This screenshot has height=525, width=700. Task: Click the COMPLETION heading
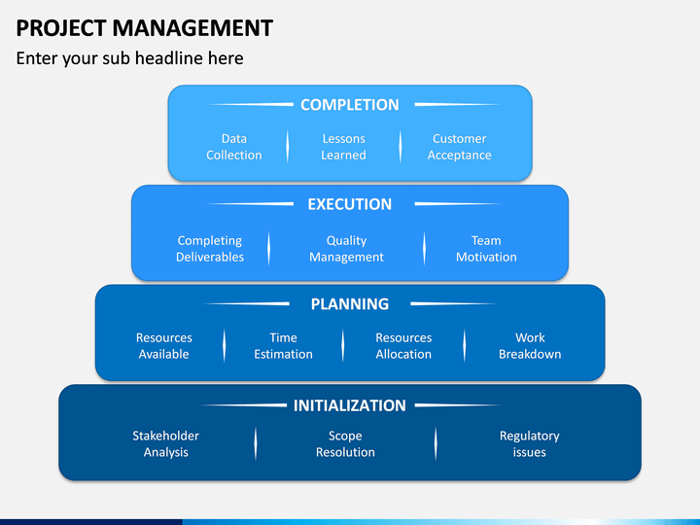tap(350, 105)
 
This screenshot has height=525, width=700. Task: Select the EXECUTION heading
tap(350, 204)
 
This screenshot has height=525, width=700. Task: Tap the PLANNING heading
tap(350, 304)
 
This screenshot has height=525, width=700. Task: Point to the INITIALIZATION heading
tap(350, 405)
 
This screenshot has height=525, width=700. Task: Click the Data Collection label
tap(234, 147)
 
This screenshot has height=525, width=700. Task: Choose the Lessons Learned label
tap(344, 147)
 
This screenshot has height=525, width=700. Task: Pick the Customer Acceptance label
tap(459, 147)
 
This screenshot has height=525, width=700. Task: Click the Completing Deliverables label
tap(210, 249)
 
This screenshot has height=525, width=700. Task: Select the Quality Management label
tap(346, 249)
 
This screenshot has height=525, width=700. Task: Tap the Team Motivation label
tap(486, 249)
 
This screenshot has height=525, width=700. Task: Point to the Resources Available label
tap(164, 346)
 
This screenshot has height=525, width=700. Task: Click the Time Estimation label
tap(284, 346)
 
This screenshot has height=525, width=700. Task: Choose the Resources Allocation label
tap(403, 346)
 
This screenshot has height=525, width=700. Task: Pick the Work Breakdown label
tap(530, 346)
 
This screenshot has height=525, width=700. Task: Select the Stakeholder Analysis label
tap(165, 443)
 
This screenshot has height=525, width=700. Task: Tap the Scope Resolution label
tap(345, 443)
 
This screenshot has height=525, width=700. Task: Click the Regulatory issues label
tap(530, 443)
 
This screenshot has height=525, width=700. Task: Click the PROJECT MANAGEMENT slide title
tap(144, 28)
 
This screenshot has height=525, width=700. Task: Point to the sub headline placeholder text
tap(130, 58)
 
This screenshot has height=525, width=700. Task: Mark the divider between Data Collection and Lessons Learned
tap(288, 147)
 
